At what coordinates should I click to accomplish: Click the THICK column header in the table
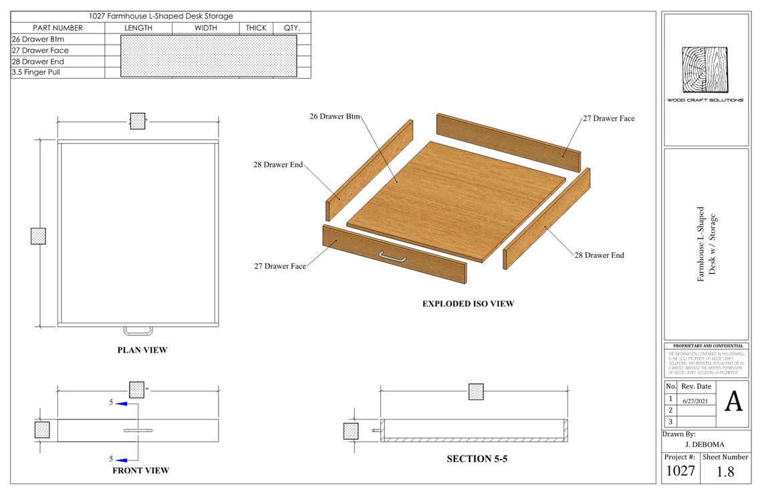255,28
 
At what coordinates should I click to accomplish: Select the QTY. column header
291,28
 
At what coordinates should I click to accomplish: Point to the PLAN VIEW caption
142,350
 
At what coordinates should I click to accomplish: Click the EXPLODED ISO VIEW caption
468,304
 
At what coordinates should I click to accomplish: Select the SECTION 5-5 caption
476,459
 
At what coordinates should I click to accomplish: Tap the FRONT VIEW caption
140,470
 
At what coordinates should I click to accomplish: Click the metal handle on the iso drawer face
392,256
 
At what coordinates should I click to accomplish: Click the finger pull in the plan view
138,330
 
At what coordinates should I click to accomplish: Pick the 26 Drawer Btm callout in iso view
334,116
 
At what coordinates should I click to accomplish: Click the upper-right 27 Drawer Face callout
608,118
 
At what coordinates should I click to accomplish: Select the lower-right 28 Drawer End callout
599,255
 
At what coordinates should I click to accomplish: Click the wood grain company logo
705,69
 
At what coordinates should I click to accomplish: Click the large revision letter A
733,402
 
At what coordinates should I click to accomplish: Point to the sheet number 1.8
725,472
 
